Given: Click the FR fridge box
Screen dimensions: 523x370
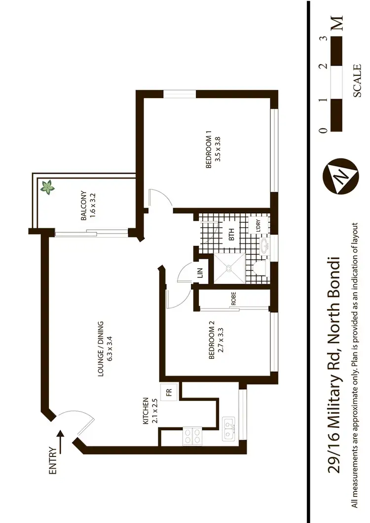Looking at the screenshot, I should coord(169,393).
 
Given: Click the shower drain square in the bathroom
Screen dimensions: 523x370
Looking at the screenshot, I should coord(229,269).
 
